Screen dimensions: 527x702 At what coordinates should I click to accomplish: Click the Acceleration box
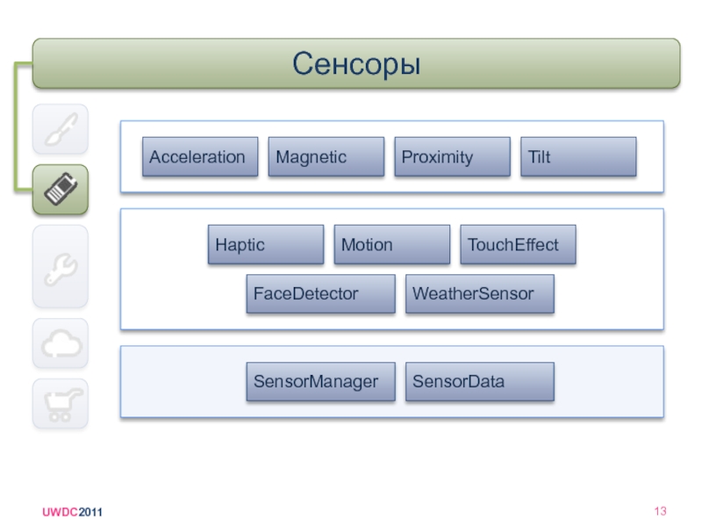pos(200,157)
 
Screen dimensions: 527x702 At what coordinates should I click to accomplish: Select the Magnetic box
pos(326,157)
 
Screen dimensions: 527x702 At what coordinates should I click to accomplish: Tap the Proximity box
pos(452,157)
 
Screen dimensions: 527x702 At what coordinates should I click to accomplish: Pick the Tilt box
pos(578,157)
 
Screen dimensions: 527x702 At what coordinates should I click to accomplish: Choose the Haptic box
pos(266,245)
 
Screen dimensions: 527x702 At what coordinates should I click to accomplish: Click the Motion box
pos(391,245)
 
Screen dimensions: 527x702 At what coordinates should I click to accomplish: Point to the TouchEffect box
pos(518,245)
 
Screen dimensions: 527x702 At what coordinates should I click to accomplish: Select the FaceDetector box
pos(320,294)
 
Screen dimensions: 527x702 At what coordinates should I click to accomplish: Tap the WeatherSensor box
pos(480,294)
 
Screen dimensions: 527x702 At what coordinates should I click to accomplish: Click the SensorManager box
pos(320,382)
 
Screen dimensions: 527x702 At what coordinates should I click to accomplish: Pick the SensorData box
pos(480,382)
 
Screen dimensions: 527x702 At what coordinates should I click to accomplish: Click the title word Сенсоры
pos(356,63)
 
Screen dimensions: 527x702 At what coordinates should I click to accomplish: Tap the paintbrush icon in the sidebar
pos(61,130)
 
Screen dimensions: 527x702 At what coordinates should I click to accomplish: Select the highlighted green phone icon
pos(61,190)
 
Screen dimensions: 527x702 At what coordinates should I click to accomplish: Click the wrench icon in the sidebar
pos(61,266)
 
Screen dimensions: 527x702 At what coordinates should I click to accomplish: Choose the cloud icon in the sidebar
pos(61,343)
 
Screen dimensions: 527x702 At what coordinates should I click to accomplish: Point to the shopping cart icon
pos(61,404)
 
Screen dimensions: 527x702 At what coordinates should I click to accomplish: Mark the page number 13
pos(661,512)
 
